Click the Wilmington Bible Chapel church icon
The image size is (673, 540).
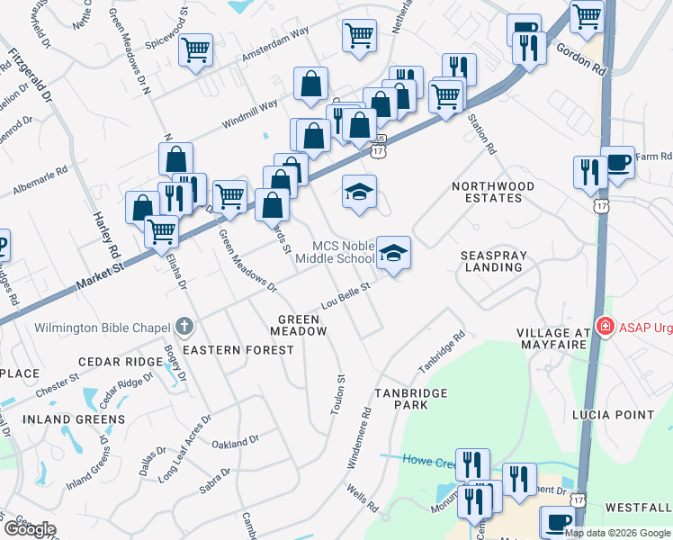(x=184, y=326)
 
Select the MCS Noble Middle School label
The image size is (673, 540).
(x=343, y=252)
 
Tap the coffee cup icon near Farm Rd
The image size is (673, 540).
(x=617, y=163)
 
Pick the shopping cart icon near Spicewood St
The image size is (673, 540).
(x=195, y=49)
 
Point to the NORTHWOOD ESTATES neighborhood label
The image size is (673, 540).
(x=493, y=193)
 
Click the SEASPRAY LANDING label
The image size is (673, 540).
(x=493, y=262)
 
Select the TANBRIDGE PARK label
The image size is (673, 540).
(x=407, y=399)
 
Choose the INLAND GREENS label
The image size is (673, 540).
(x=74, y=419)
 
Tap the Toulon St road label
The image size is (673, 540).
(x=339, y=394)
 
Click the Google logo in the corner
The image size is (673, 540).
(x=29, y=529)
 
